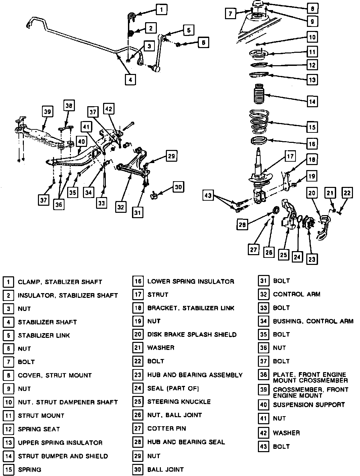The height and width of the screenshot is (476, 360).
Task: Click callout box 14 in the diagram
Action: pyautogui.click(x=312, y=102)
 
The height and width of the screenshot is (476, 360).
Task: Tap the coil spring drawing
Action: pyautogui.click(x=259, y=122)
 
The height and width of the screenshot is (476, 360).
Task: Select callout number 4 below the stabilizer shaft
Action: pyautogui.click(x=130, y=80)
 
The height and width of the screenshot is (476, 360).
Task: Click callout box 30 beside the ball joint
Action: pyautogui.click(x=178, y=187)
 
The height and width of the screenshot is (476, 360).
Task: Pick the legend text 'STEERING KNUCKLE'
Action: pyautogui.click(x=179, y=402)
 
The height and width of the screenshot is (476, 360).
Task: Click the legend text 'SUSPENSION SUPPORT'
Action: pyautogui.click(x=309, y=405)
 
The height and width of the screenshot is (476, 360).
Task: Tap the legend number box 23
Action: pyautogui.click(x=138, y=375)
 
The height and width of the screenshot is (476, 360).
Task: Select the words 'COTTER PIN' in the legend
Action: pyautogui.click(x=167, y=428)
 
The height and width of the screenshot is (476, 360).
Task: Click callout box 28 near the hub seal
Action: pyautogui.click(x=242, y=225)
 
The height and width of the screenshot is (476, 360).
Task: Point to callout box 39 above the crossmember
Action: pyautogui.click(x=47, y=112)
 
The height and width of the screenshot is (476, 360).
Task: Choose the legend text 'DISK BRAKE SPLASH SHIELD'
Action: pyautogui.click(x=192, y=334)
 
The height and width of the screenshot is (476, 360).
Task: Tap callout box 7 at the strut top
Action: pyautogui.click(x=230, y=14)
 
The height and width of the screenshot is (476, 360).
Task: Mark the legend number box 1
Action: pyautogui.click(x=8, y=282)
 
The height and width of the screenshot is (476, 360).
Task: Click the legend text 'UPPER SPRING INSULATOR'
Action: pyautogui.click(x=60, y=443)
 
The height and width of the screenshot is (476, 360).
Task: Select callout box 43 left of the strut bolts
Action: pyautogui.click(x=208, y=195)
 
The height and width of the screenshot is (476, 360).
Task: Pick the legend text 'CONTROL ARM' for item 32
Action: pyautogui.click(x=297, y=294)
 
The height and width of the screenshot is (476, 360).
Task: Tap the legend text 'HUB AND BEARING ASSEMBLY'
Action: pyautogui.click(x=195, y=375)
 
